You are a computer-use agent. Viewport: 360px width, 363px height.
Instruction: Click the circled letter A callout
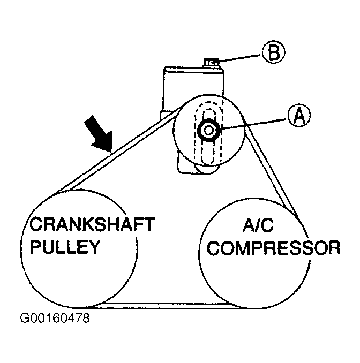(x=298, y=116)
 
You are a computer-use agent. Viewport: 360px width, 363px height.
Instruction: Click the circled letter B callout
(x=273, y=52)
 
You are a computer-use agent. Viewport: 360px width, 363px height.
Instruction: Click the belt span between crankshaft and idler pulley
(x=115, y=149)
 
